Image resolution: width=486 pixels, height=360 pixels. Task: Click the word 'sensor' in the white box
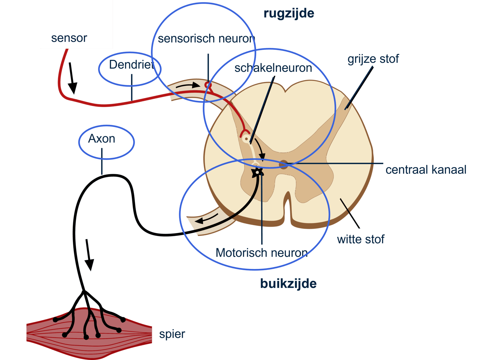(69, 38)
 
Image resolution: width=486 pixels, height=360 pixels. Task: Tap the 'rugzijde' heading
(289, 14)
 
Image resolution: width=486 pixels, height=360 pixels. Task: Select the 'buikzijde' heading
(288, 284)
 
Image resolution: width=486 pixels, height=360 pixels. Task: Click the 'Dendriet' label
(131, 65)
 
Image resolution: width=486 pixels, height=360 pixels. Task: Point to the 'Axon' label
(102, 139)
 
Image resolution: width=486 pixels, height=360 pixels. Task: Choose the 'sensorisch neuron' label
(206, 39)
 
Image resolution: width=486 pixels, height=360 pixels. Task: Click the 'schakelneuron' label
(273, 68)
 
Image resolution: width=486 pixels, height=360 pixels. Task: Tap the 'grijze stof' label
(373, 59)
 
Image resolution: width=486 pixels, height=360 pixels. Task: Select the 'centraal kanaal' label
(426, 170)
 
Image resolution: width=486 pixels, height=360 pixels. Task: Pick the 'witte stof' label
(361, 239)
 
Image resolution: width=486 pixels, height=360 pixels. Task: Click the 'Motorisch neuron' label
(261, 253)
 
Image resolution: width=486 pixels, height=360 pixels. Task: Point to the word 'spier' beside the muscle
(172, 334)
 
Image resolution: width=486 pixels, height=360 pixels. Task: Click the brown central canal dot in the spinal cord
(283, 164)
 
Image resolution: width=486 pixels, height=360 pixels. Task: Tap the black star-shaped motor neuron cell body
(257, 172)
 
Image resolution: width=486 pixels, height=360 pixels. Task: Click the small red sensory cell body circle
(208, 85)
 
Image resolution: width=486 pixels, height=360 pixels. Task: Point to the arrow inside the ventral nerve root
(206, 218)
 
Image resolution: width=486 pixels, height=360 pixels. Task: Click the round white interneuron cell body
(246, 139)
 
